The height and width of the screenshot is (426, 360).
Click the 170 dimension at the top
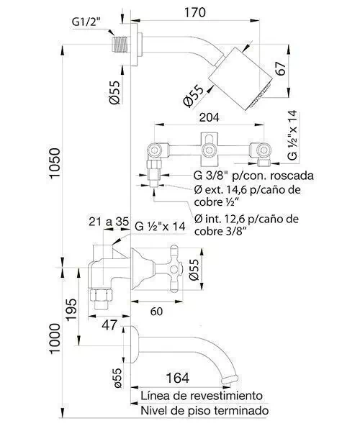pyautogui.click(x=195, y=13)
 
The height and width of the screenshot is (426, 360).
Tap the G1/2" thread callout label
pyautogui.click(x=86, y=22)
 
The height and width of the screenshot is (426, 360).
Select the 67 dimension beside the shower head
pyautogui.click(x=281, y=68)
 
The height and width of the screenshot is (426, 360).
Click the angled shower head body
pyautogui.click(x=240, y=78)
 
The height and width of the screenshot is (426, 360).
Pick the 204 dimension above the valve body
pyautogui.click(x=209, y=117)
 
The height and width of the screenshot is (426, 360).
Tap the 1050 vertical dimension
pyautogui.click(x=54, y=163)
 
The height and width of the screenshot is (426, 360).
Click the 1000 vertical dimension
pyautogui.click(x=54, y=338)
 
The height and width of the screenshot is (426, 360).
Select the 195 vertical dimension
pyautogui.click(x=71, y=309)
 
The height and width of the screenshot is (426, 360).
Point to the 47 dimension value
pyautogui.click(x=109, y=325)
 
